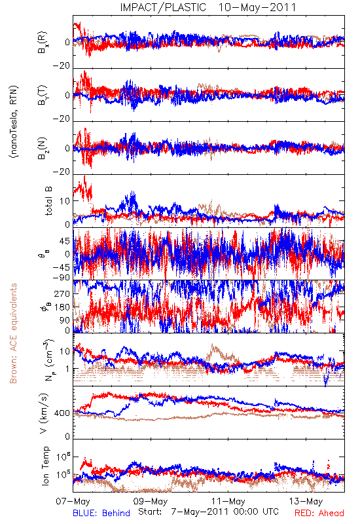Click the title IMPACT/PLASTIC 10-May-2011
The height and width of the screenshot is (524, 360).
(208, 7)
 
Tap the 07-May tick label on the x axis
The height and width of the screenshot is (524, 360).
(73, 502)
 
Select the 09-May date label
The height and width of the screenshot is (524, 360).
(151, 502)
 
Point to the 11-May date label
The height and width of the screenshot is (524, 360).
(228, 502)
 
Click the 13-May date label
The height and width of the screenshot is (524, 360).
(306, 502)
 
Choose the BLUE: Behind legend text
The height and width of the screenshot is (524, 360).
(101, 514)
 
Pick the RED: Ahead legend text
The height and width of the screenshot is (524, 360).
(319, 514)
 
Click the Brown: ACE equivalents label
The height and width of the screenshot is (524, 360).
(13, 333)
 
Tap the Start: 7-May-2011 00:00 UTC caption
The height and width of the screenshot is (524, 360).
(208, 512)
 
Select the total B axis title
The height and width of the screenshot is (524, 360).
(48, 201)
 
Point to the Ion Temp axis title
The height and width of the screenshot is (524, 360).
(45, 466)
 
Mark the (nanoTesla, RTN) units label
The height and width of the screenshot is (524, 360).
(14, 122)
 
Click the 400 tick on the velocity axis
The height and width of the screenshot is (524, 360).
(62, 413)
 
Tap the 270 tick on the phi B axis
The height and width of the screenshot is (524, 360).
(62, 294)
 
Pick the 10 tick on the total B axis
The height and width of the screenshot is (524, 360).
(65, 201)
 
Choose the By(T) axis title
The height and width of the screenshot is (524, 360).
(43, 95)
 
